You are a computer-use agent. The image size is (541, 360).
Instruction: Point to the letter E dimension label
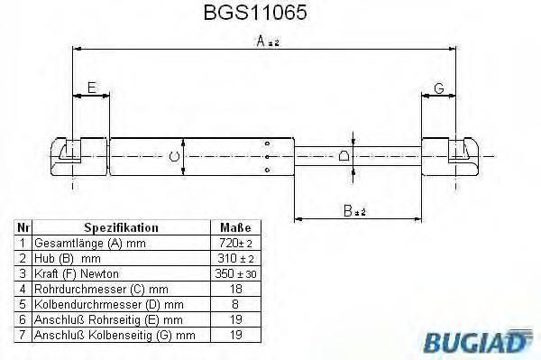[x=90, y=87]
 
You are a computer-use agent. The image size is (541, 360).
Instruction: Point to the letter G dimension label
[x=438, y=87]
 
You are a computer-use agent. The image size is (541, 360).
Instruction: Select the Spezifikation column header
[x=120, y=228]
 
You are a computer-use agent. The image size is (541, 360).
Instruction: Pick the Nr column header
[x=23, y=228]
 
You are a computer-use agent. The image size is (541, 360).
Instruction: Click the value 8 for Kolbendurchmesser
[x=235, y=304]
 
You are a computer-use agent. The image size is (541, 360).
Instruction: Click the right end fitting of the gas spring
[x=451, y=156]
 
